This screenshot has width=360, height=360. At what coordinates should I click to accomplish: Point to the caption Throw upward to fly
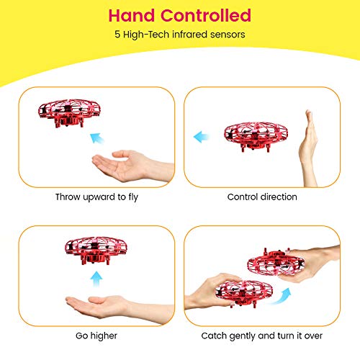[96, 197]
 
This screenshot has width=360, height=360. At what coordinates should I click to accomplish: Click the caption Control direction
[261, 197]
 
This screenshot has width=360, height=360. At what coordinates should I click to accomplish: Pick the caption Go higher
[96, 336]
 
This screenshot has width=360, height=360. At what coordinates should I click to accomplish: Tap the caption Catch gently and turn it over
[261, 336]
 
